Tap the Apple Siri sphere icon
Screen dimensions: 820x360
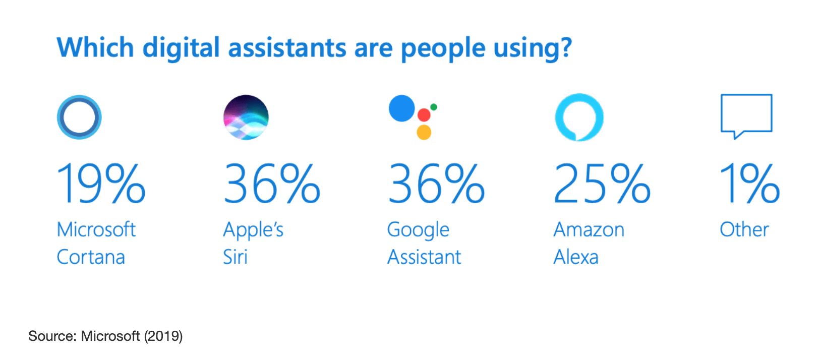pyautogui.click(x=246, y=117)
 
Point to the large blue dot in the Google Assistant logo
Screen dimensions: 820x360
pyautogui.click(x=401, y=108)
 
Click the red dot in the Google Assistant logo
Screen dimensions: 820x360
pyautogui.click(x=424, y=115)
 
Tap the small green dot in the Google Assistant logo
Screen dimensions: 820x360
pyautogui.click(x=434, y=107)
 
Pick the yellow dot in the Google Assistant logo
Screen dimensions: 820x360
pyautogui.click(x=424, y=132)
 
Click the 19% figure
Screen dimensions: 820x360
pyautogui.click(x=101, y=183)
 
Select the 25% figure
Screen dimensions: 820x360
pyautogui.click(x=602, y=183)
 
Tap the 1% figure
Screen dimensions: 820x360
pyautogui.click(x=750, y=183)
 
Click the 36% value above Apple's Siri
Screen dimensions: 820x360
pyautogui.click(x=272, y=183)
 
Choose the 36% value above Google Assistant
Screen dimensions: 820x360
pyautogui.click(x=436, y=183)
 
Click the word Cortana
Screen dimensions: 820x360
pyautogui.click(x=91, y=257)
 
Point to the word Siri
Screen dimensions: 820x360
pyautogui.click(x=236, y=257)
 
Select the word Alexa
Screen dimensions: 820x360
pyautogui.click(x=576, y=257)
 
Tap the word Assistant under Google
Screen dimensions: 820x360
pyautogui.click(x=424, y=257)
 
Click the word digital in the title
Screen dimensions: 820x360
pyautogui.click(x=181, y=48)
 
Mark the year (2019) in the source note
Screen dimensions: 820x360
pyautogui.click(x=163, y=336)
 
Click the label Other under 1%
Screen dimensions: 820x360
pyautogui.click(x=744, y=229)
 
